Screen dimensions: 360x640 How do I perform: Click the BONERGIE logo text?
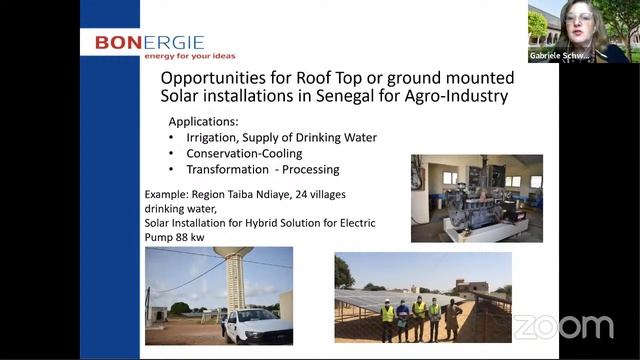[x=149, y=42]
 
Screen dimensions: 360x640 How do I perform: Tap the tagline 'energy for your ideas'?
[x=189, y=55]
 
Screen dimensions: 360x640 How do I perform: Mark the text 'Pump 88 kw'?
[x=179, y=237]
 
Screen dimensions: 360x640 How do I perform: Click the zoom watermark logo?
[x=563, y=327]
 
